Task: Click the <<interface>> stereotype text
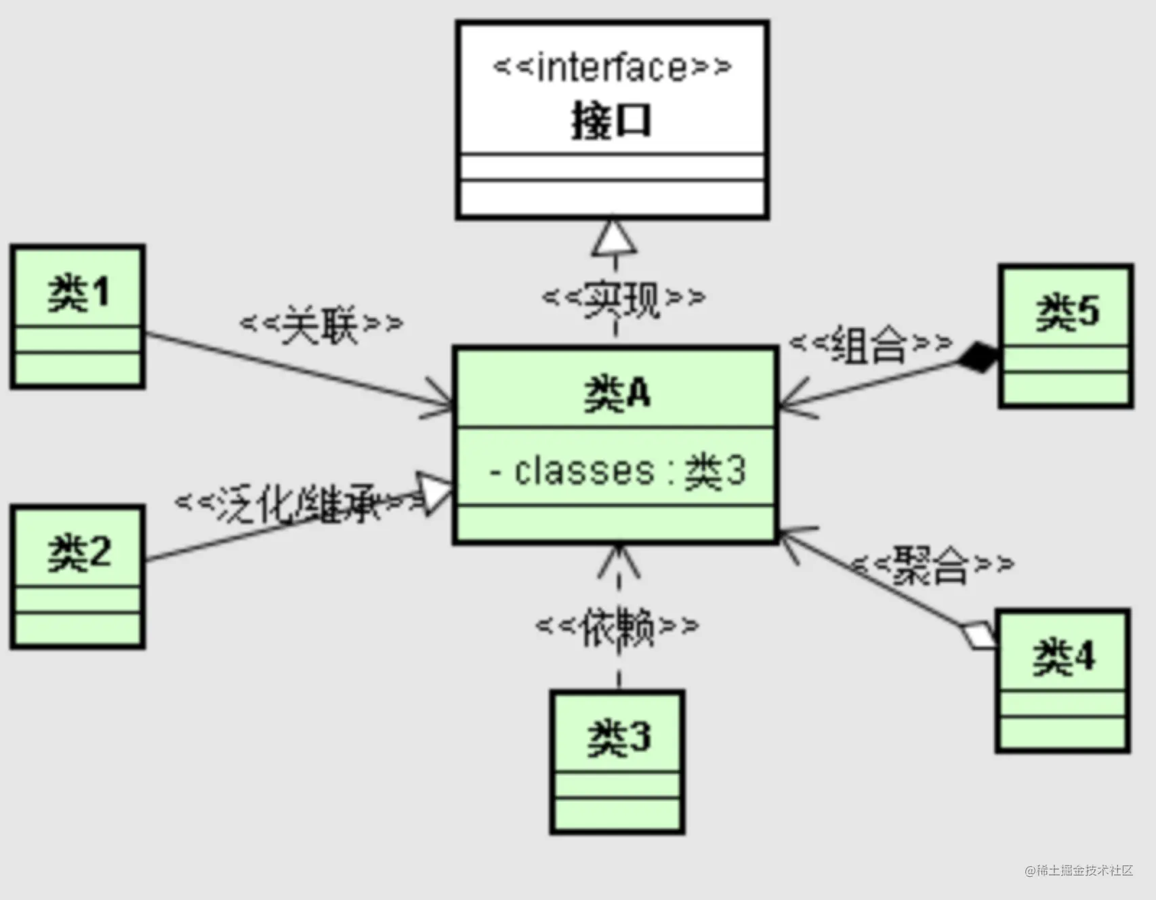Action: coord(613,68)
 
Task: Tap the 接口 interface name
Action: coord(611,121)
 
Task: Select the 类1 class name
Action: coord(79,293)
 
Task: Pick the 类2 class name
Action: coord(79,552)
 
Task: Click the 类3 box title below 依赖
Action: coord(619,737)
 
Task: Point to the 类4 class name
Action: coord(1063,657)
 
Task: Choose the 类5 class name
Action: coord(1067,312)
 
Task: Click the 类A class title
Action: coord(617,394)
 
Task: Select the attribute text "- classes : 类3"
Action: coord(617,470)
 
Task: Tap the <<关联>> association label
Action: coord(321,323)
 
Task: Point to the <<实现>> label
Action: coord(623,298)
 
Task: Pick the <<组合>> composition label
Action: coord(871,344)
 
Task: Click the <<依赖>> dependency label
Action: coord(617,626)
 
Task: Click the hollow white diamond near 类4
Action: coord(978,634)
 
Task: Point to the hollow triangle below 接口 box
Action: coord(615,237)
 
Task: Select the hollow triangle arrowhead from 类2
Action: coord(434,493)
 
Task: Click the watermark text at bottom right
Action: coord(1079,870)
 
